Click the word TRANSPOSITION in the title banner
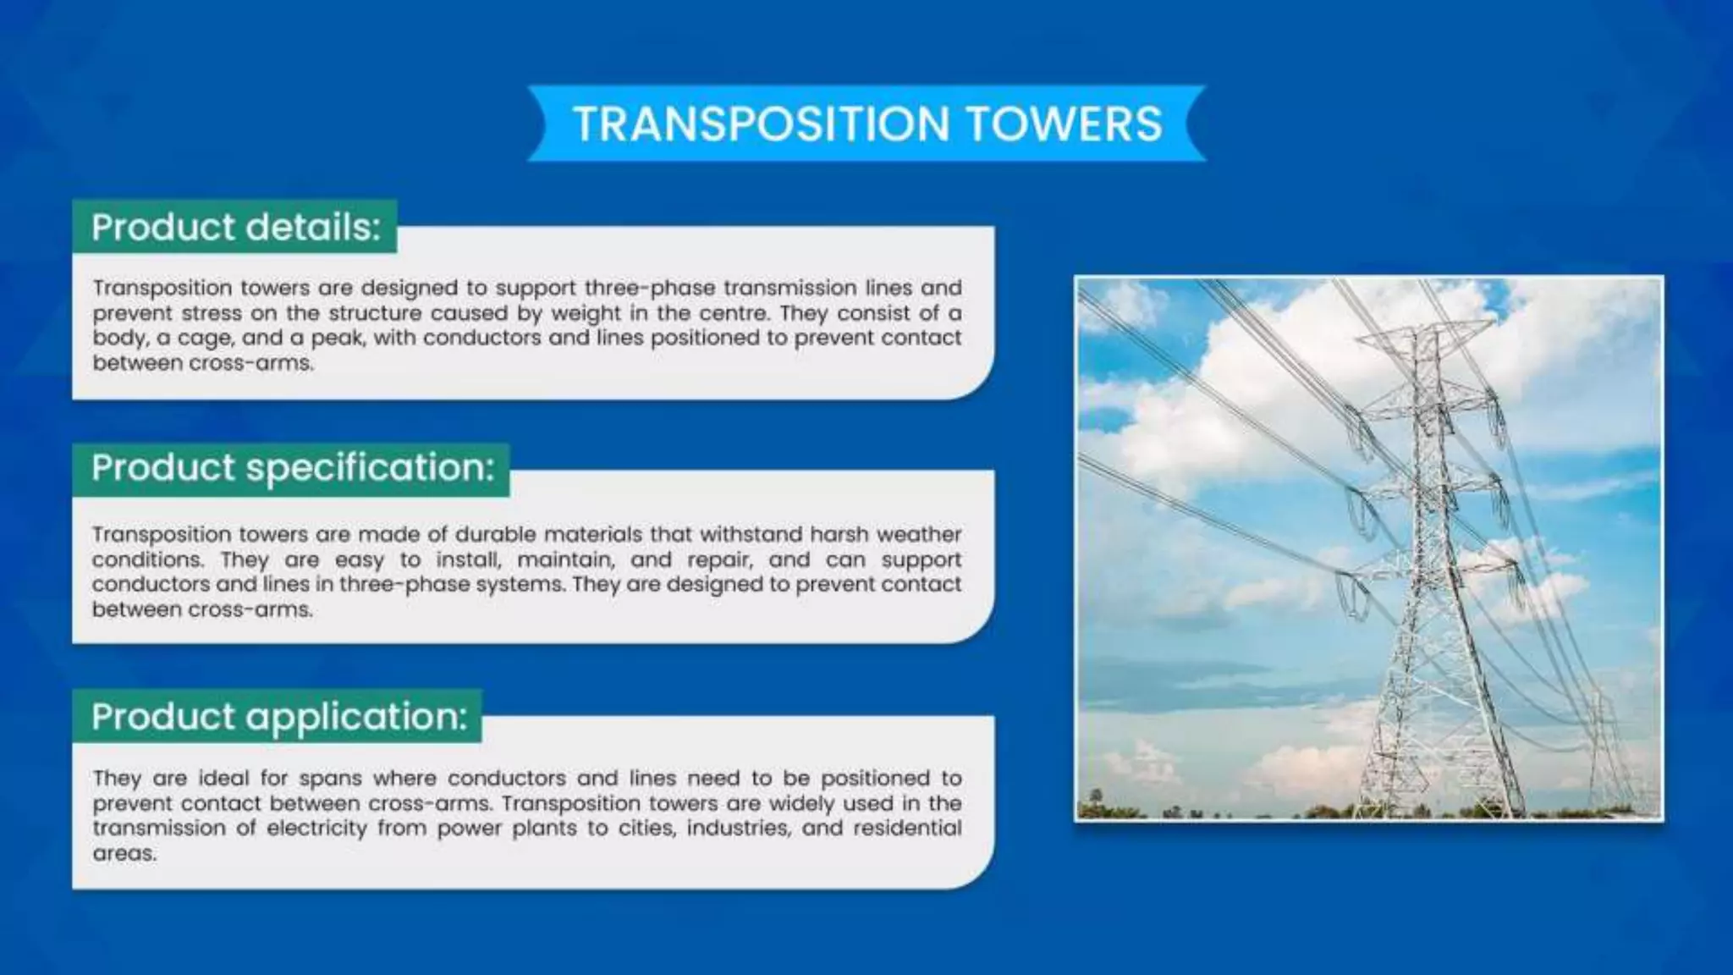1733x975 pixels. (x=761, y=124)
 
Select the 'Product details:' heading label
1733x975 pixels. (x=236, y=227)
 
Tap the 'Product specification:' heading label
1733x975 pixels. (x=293, y=467)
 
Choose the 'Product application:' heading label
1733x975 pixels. (x=279, y=716)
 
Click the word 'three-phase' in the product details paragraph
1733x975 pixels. (x=649, y=288)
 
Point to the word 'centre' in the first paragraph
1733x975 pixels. (x=733, y=313)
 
